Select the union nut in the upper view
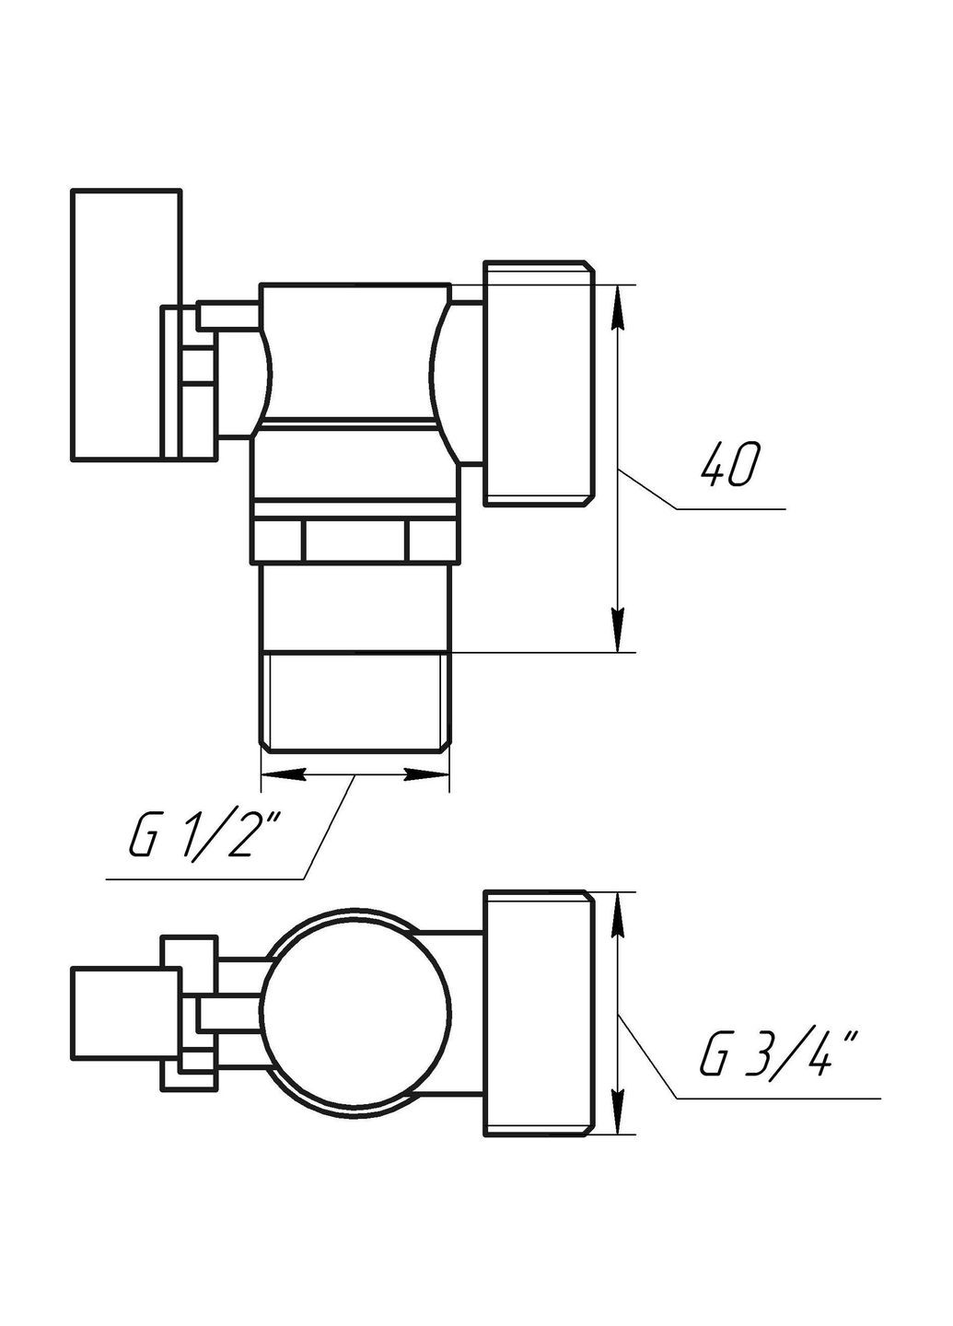(538, 382)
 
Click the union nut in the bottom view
(538, 1013)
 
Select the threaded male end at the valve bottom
(355, 691)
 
